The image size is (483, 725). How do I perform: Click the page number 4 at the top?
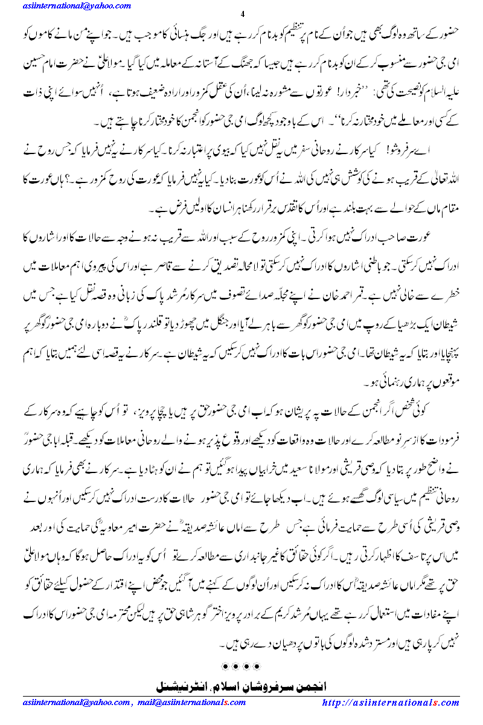241,14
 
